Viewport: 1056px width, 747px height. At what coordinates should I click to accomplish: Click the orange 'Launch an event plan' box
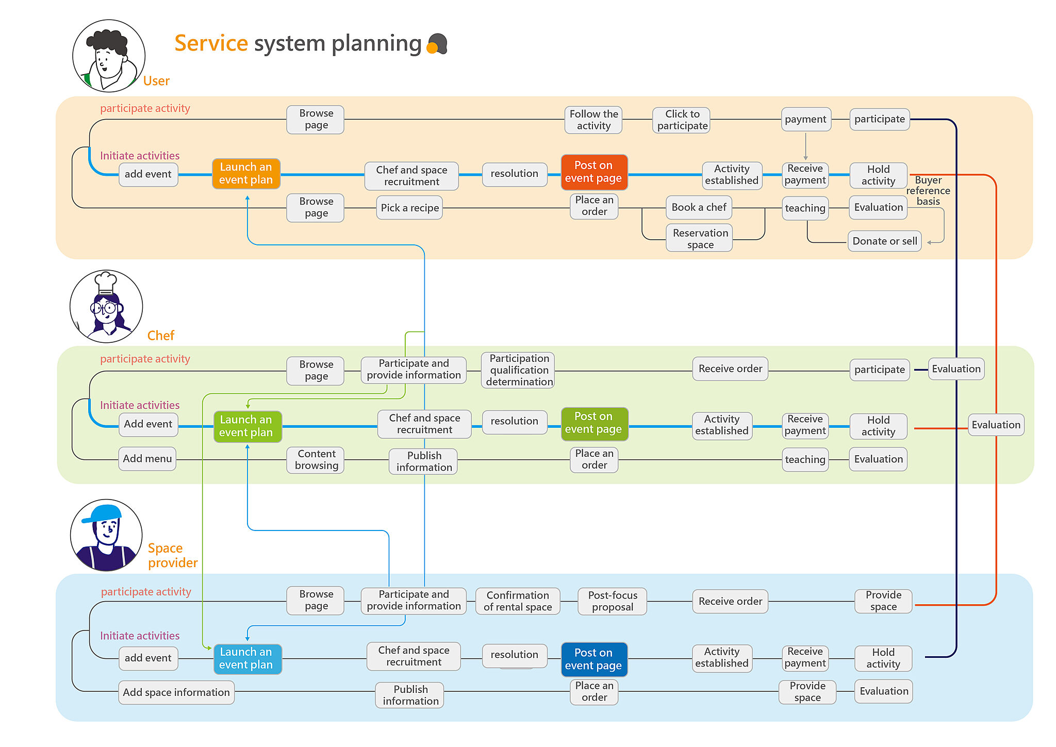(246, 174)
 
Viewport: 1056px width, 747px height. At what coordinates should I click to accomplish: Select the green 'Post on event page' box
(594, 423)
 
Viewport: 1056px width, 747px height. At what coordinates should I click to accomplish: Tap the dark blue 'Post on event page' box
(594, 659)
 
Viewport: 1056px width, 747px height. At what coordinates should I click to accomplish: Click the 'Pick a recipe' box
(409, 208)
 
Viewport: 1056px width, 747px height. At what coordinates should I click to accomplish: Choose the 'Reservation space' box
(700, 238)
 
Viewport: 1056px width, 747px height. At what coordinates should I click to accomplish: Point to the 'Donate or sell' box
(884, 241)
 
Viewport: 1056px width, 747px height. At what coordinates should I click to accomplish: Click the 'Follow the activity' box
(593, 120)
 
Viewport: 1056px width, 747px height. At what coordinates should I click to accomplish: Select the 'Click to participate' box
(682, 120)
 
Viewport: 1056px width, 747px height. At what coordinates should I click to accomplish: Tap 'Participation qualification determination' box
(518, 370)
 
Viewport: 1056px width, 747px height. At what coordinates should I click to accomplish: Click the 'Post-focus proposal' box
(612, 601)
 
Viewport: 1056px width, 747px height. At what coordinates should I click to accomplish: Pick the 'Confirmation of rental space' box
(517, 601)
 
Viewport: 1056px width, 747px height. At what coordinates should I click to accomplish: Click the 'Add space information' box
(176, 692)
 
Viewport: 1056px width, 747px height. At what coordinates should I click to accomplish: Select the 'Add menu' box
(147, 459)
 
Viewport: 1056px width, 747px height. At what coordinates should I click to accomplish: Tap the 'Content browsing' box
(316, 460)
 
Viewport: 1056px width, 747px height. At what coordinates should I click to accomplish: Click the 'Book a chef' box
(699, 207)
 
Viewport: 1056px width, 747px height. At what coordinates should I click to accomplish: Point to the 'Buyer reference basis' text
(928, 191)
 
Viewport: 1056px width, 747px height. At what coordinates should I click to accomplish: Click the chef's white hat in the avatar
(106, 281)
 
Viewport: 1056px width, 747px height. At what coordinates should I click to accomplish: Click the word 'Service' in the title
(211, 43)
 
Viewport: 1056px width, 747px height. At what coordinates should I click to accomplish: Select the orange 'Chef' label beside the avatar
(160, 336)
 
